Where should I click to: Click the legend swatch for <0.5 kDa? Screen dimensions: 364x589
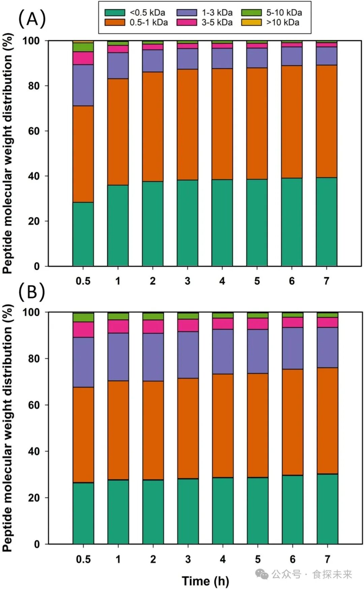115,13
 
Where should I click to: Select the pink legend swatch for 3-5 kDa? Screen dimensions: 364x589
187,23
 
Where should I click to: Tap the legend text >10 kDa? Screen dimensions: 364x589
283,23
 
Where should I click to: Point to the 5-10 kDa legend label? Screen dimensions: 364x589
284,13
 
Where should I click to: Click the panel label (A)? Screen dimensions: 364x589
32,19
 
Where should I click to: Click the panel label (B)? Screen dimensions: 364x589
32,292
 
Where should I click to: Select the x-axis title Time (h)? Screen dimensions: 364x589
205,581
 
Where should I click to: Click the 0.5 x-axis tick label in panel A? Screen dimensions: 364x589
83,281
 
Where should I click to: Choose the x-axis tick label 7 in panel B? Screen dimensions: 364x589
327,559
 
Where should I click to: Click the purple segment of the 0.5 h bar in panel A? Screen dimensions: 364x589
83,85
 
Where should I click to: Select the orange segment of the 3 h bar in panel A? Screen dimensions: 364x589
187,124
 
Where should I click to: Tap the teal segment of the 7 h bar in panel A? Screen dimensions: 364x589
327,222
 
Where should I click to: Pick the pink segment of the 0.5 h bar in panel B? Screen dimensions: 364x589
83,330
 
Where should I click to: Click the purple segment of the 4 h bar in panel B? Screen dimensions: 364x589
223,352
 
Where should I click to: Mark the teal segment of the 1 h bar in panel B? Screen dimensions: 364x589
118,512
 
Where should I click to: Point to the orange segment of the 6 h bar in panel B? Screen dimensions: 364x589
293,422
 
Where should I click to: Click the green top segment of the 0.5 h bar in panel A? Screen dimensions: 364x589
83,47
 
